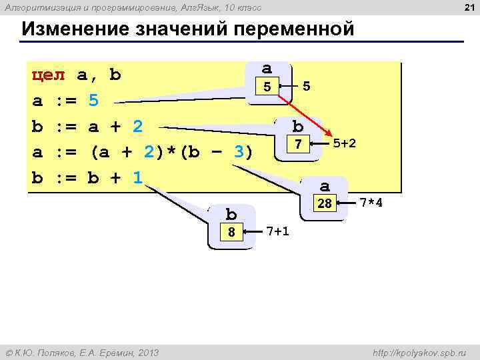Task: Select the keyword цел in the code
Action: [49, 75]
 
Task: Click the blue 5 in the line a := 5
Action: [93, 101]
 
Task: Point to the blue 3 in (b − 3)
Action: [238, 153]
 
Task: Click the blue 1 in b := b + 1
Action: [137, 178]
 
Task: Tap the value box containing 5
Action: [267, 87]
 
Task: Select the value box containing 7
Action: [299, 144]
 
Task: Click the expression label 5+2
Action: [344, 143]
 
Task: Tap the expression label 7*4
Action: [371, 202]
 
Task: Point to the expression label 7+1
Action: [277, 231]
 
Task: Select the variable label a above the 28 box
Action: [325, 186]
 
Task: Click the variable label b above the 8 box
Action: [231, 215]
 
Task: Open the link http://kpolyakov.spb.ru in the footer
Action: [421, 351]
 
